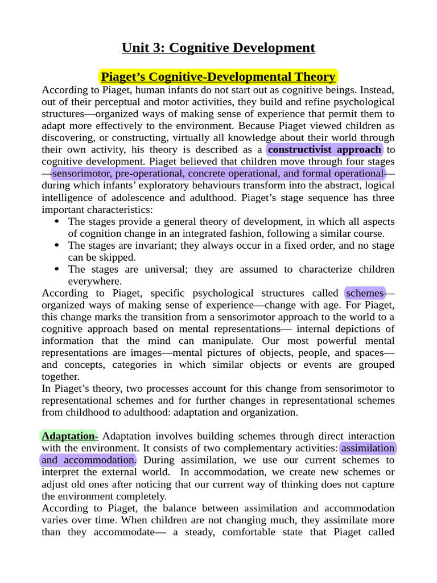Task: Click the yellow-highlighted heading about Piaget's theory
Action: tap(218, 77)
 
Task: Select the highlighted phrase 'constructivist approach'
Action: tap(324, 150)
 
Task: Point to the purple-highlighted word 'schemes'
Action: tap(365, 293)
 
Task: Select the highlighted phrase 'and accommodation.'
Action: tap(88, 460)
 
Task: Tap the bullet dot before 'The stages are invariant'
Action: tap(56, 245)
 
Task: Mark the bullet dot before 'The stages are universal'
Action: tap(56, 269)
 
